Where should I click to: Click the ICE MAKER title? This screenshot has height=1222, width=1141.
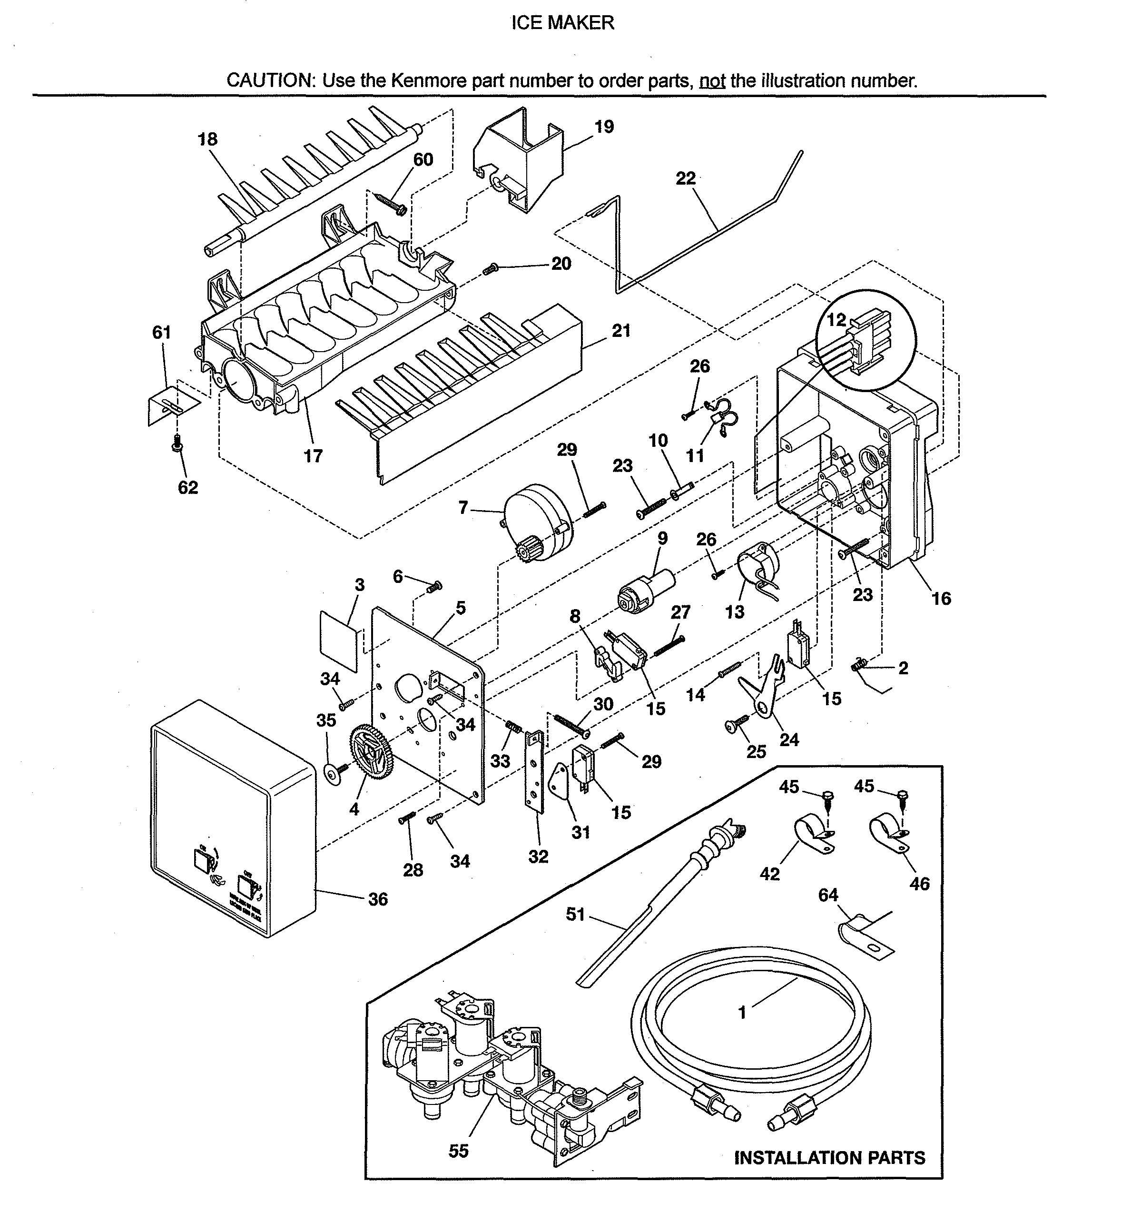pyautogui.click(x=562, y=23)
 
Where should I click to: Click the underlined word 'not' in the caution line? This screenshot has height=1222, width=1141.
pyautogui.click(x=712, y=80)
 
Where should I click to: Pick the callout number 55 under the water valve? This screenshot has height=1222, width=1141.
pyautogui.click(x=459, y=1151)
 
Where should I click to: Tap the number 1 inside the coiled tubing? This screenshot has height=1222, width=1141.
pyautogui.click(x=742, y=1012)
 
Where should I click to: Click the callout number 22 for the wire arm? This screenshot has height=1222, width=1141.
pyautogui.click(x=686, y=178)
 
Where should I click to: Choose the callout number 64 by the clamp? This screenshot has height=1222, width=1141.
pyautogui.click(x=827, y=895)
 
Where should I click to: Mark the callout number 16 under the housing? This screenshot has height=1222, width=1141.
pyautogui.click(x=941, y=598)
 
